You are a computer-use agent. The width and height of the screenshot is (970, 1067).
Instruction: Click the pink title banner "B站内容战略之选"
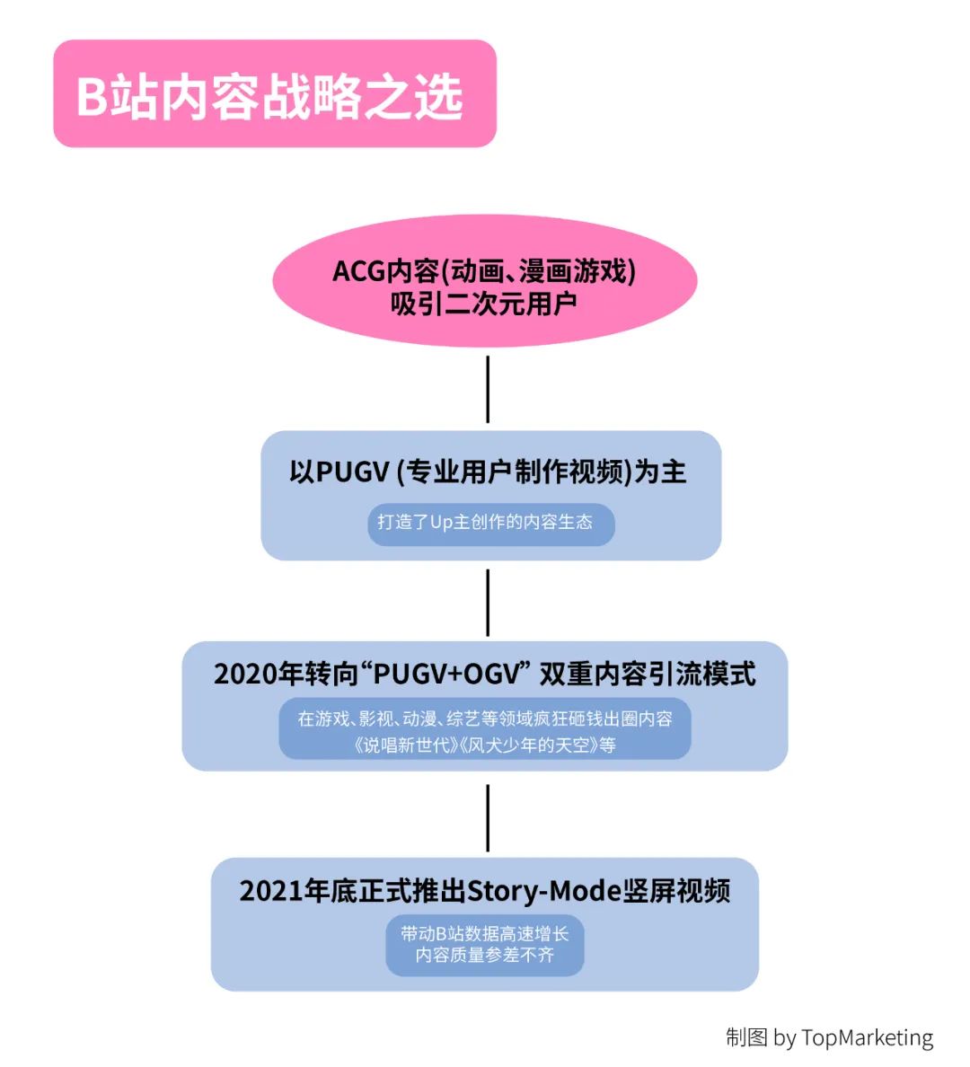[274, 93]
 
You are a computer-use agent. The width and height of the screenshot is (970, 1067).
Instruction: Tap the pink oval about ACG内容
[485, 281]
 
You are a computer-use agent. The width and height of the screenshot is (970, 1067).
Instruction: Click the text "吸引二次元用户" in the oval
[484, 304]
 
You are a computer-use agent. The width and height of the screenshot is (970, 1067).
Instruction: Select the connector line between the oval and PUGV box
[488, 389]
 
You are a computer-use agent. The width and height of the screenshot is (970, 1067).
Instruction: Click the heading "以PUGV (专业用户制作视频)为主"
[488, 472]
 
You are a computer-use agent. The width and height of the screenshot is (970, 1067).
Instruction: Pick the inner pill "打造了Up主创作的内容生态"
[490, 524]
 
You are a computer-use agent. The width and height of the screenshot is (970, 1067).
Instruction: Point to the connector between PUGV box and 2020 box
[488, 603]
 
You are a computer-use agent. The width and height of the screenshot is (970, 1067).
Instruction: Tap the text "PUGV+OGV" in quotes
[447, 675]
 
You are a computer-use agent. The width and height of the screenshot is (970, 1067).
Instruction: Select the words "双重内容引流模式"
[648, 675]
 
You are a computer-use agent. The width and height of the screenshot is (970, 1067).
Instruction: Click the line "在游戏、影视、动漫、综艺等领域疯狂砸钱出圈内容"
[485, 719]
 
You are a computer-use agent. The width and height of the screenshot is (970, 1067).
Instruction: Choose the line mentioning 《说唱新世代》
[485, 745]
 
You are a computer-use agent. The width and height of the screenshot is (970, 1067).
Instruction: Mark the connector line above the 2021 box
[488, 818]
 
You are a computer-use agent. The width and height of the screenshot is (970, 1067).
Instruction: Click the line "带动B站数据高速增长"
[485, 934]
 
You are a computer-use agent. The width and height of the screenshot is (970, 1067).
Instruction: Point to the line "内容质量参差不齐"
[485, 956]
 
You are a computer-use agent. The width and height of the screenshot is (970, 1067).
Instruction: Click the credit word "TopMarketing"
[867, 1038]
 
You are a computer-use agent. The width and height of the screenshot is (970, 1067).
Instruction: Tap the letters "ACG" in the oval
[358, 271]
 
